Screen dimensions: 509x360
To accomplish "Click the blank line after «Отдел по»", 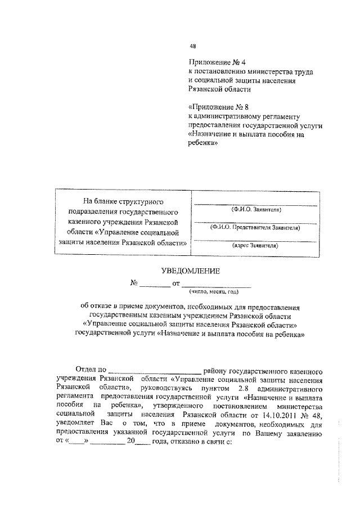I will coord(154,372).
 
